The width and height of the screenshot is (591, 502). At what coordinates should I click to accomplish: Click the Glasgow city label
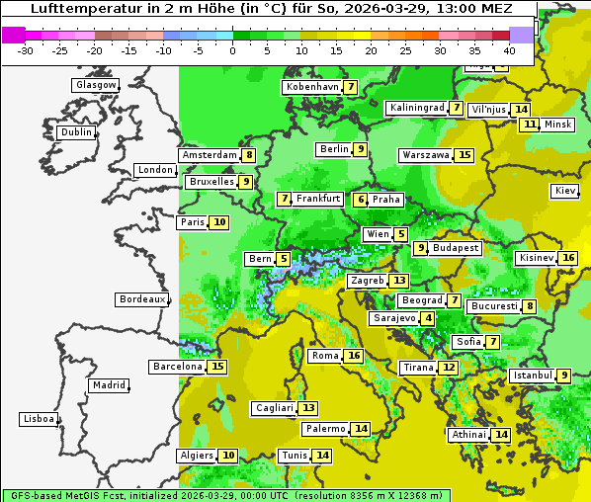95,85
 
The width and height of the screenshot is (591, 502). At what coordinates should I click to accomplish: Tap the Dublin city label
75,132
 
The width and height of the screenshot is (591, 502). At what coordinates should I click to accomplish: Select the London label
155,170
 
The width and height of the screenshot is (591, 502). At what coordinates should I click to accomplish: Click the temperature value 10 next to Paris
219,222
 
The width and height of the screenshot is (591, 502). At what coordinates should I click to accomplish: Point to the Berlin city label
333,149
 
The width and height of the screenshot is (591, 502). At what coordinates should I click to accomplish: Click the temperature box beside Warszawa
464,155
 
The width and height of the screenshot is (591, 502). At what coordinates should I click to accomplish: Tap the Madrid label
109,385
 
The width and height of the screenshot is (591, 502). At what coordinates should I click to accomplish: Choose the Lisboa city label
38,419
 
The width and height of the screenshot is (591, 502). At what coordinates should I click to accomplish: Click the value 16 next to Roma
354,356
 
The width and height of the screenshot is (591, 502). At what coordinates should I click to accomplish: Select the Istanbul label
534,376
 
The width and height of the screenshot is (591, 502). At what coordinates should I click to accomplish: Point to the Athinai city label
467,435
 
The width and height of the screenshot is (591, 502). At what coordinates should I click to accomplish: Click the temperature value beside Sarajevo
427,318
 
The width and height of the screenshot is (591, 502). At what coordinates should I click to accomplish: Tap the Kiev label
565,191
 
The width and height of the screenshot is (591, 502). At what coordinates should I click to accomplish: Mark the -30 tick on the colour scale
25,50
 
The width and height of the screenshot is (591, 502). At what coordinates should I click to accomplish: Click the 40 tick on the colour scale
509,50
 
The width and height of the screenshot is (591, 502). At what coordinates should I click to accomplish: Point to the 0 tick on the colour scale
232,50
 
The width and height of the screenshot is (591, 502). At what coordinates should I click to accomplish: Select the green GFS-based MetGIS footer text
225,495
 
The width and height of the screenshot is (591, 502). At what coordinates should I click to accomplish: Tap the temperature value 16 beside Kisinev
568,258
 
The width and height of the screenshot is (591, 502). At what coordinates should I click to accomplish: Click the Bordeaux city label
141,299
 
